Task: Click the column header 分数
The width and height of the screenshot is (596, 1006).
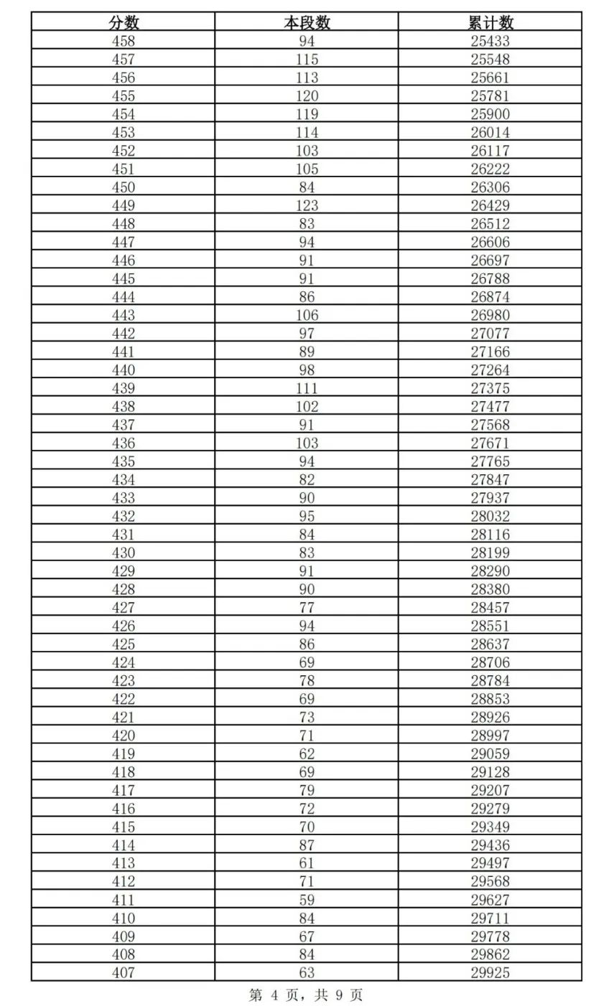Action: click(123, 22)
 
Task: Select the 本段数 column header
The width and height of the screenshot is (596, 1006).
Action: click(307, 22)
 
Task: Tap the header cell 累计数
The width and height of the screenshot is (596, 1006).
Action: click(490, 22)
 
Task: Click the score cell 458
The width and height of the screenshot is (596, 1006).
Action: click(123, 41)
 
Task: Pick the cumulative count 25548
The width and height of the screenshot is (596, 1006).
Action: click(490, 60)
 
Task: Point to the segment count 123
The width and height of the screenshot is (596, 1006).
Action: click(307, 206)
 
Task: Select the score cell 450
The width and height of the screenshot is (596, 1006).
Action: click(123, 187)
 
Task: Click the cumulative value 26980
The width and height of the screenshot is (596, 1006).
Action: click(490, 315)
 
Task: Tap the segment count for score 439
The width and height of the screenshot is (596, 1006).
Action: click(307, 388)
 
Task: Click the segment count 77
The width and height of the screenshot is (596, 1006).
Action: click(307, 608)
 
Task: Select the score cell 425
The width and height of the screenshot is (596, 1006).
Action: click(123, 644)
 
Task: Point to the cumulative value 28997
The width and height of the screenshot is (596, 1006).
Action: click(490, 735)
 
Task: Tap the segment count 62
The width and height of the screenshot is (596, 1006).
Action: click(307, 754)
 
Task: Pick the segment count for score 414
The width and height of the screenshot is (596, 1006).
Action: click(307, 845)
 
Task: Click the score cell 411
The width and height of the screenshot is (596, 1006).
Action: click(123, 900)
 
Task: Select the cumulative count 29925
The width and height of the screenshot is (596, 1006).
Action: click(490, 973)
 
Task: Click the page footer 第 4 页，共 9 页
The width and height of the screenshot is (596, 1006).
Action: click(306, 995)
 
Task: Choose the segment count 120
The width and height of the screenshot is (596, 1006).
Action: click(307, 96)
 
